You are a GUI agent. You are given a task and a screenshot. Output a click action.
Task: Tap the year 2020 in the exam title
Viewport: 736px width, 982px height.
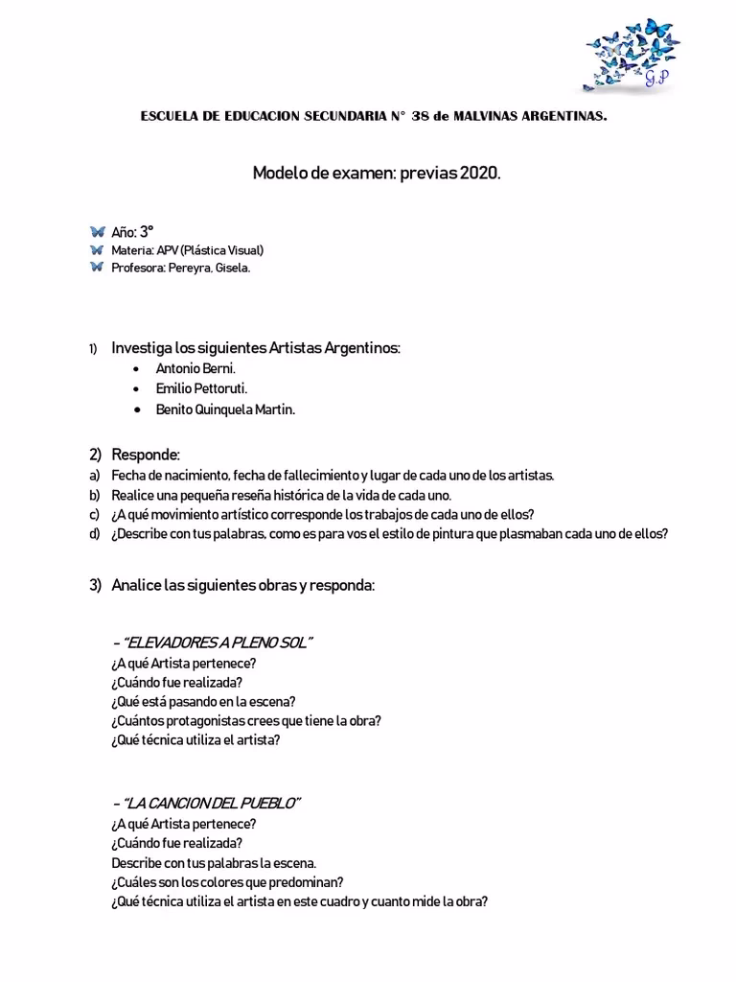pos(479,174)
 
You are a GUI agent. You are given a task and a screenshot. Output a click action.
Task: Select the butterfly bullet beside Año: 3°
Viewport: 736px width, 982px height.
pos(97,232)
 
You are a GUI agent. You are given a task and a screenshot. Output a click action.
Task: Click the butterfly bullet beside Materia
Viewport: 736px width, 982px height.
pos(97,250)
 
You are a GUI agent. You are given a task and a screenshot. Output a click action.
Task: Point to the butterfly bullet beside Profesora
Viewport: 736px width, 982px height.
pos(97,268)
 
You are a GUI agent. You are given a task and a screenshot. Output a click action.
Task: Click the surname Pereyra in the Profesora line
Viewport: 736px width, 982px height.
pos(189,269)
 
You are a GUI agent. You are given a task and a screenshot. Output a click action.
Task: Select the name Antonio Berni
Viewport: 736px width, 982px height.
pos(195,368)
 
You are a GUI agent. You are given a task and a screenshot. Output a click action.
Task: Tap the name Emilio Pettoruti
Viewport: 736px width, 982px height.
pos(201,388)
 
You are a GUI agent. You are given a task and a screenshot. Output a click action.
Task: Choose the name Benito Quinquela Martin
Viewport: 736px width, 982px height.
pos(225,409)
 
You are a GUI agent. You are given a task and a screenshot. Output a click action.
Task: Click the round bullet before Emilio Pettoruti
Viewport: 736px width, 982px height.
pos(140,389)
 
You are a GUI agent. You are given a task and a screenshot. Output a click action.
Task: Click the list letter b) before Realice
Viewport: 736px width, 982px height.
pos(94,495)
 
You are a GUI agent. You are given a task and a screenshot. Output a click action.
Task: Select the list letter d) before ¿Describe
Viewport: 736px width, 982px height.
pos(94,534)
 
